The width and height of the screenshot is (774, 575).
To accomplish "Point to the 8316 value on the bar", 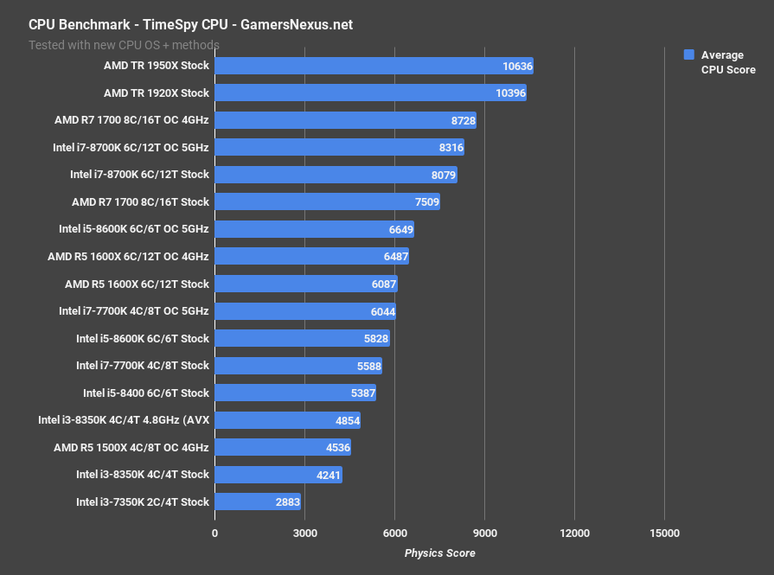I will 451,148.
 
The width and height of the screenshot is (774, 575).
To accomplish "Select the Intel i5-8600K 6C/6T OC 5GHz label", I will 134,229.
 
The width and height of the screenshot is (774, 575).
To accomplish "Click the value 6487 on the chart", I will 394,257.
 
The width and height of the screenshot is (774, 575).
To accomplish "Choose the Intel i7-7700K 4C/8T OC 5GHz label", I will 134,310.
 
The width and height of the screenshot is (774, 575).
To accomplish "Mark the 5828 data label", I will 374,338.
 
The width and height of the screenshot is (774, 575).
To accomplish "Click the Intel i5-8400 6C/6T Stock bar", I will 295,393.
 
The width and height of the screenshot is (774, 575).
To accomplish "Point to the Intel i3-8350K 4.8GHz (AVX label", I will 124,420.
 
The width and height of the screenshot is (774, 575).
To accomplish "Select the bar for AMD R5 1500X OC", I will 282,447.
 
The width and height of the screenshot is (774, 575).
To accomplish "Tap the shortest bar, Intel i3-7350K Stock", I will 257,502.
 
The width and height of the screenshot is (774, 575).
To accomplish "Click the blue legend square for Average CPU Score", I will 689,54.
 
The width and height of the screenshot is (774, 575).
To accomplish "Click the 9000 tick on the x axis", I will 484,533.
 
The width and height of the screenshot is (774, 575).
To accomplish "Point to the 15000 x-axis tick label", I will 664,533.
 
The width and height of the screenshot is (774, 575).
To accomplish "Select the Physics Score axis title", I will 439,553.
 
